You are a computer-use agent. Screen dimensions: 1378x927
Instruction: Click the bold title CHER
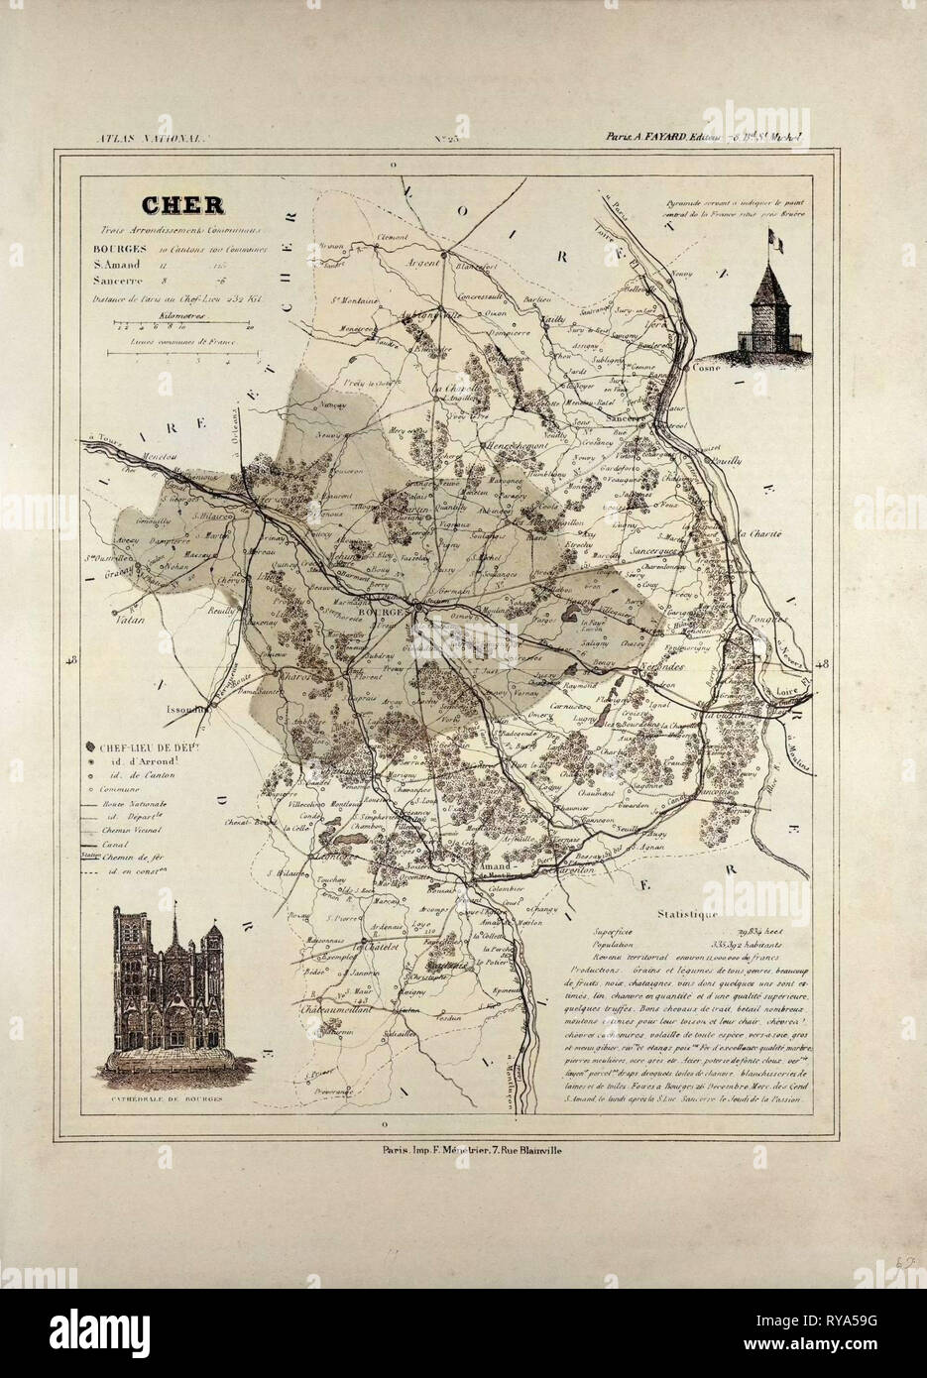182,206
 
